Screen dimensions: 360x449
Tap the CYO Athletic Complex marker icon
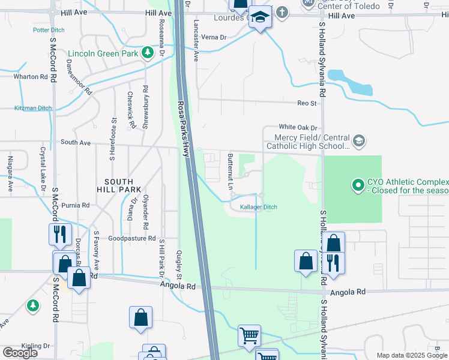point(358,184)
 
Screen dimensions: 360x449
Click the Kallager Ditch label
point(259,207)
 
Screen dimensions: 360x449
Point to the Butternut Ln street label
point(231,172)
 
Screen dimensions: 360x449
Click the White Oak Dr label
point(297,127)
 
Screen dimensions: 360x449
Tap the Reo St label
point(307,103)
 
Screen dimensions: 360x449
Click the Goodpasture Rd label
point(132,238)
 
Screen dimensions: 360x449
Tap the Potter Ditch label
point(49,29)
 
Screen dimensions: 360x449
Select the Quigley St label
point(179,265)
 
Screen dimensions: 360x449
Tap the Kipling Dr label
point(35,346)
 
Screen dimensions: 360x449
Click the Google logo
point(20,353)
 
